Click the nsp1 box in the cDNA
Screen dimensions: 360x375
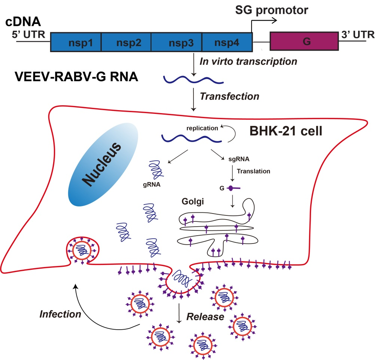(76, 42)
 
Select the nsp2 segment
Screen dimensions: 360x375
(126, 42)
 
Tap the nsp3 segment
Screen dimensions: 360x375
(176, 42)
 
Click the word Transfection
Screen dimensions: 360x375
(229, 96)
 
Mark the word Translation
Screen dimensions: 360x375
(254, 171)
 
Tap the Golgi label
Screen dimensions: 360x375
(192, 203)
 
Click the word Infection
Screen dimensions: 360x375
(60, 314)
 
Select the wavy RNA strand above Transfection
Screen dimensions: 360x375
(193, 79)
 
